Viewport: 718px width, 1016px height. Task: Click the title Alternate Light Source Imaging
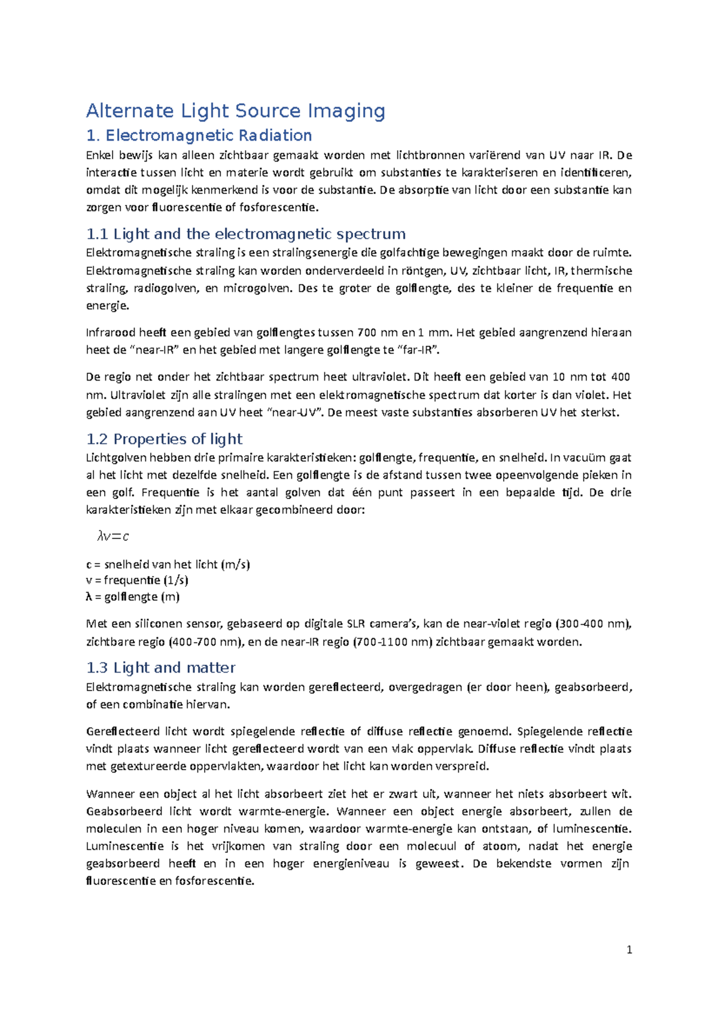tap(236, 111)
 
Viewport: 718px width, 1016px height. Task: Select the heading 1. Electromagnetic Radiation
tap(199, 135)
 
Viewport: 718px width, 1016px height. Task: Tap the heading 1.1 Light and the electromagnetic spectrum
tap(246, 234)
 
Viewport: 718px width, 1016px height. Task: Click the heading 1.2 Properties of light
tap(165, 439)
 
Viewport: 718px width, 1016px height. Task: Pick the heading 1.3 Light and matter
tap(161, 668)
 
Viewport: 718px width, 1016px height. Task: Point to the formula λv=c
tap(113, 536)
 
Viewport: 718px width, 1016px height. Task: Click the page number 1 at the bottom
tap(629, 950)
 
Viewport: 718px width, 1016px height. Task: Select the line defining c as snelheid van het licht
tap(168, 564)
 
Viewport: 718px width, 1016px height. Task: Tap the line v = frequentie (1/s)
tap(137, 580)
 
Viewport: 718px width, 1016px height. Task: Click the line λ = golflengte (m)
tap(133, 597)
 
